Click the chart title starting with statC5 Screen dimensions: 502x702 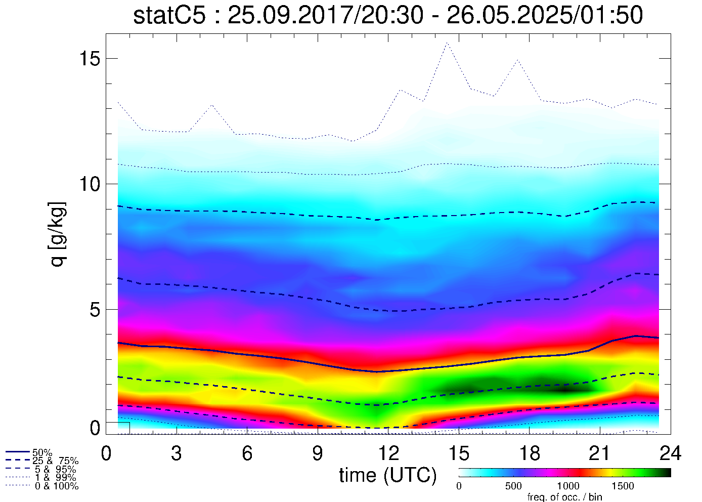(388, 15)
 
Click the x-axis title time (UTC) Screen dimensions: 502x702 (388, 475)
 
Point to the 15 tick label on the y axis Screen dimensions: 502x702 (89, 59)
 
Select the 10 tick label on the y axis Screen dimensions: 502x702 (89, 184)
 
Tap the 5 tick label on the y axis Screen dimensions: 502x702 (95, 310)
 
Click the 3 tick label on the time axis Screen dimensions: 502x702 (177, 453)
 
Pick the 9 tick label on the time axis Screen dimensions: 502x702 (318, 453)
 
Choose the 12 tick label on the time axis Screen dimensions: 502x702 (388, 453)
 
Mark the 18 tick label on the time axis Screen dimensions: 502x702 (530, 453)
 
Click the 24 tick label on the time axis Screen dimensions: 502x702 (670, 453)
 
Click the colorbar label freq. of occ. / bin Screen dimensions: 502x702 (564, 497)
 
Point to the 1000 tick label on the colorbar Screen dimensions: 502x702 (568, 486)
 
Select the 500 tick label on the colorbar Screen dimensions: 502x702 (513, 486)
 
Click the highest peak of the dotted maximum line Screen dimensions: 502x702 (447, 43)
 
